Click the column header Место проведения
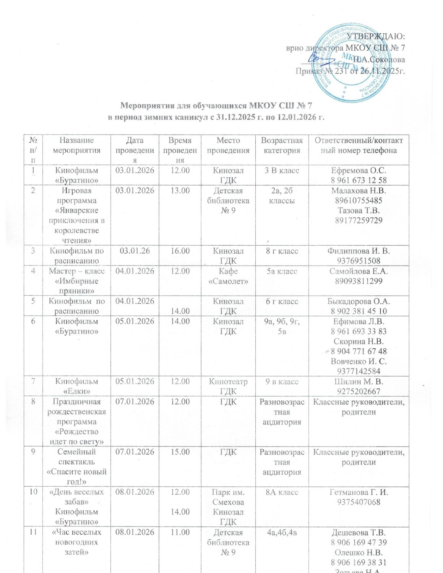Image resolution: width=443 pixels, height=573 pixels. pos(228,145)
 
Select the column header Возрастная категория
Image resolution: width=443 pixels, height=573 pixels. pos(282,145)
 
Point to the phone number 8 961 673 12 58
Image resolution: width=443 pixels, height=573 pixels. pos(359,180)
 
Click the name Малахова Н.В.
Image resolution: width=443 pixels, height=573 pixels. pos(359,190)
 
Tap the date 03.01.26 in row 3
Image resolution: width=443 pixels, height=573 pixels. pos(135,251)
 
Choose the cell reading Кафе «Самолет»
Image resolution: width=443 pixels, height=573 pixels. pos(228,276)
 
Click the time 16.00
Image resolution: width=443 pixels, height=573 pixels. pos(180,251)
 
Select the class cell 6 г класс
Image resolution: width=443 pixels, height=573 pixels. pos(282,301)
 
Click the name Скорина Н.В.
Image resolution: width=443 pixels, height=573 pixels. pos(359,341)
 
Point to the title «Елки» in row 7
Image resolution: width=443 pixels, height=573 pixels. pos(76,391)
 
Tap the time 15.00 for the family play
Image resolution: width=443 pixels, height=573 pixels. pos(180,452)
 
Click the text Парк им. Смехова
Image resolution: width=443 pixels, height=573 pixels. pos(228,497)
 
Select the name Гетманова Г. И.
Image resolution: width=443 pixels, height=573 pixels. pos(359,492)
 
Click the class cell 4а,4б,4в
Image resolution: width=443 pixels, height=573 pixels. pos(282,532)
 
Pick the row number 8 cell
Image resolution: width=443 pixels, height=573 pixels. pos(33,401)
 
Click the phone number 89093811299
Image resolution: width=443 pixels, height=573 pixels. pos(359,281)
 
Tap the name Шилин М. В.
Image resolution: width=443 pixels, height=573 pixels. pos(359,381)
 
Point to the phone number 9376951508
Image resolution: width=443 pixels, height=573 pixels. pos(359,261)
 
